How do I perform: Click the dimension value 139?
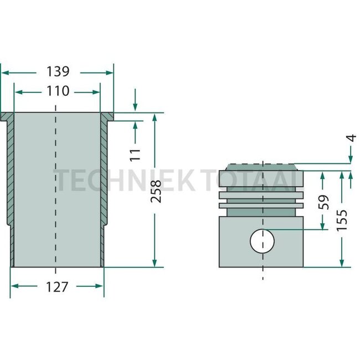[58, 71]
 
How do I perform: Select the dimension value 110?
[58, 91]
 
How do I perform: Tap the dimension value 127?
[56, 286]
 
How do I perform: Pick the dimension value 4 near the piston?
[350, 139]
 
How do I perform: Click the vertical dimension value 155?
[342, 220]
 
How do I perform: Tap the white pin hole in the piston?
[262, 240]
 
